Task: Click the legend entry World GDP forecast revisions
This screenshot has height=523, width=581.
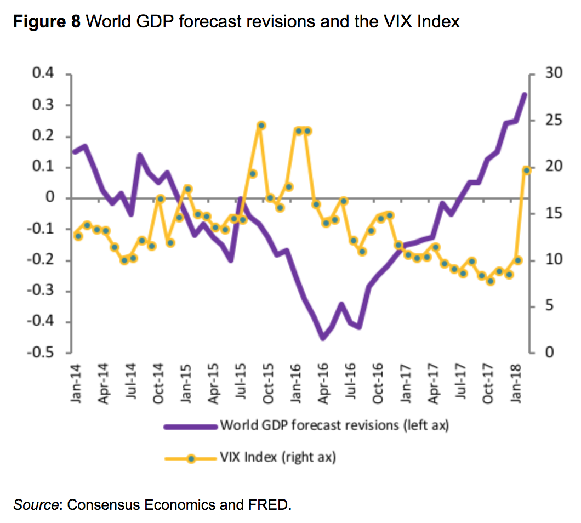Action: tap(334, 425)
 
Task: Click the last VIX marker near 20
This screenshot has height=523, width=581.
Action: tap(527, 170)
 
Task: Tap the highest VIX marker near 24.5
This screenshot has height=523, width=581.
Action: tap(261, 126)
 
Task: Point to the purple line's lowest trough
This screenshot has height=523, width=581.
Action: tap(323, 338)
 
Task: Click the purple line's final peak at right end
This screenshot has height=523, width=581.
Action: tap(525, 94)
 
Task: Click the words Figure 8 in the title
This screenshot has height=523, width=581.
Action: tap(47, 22)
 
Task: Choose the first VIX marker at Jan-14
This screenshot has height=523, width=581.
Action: tap(78, 236)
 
